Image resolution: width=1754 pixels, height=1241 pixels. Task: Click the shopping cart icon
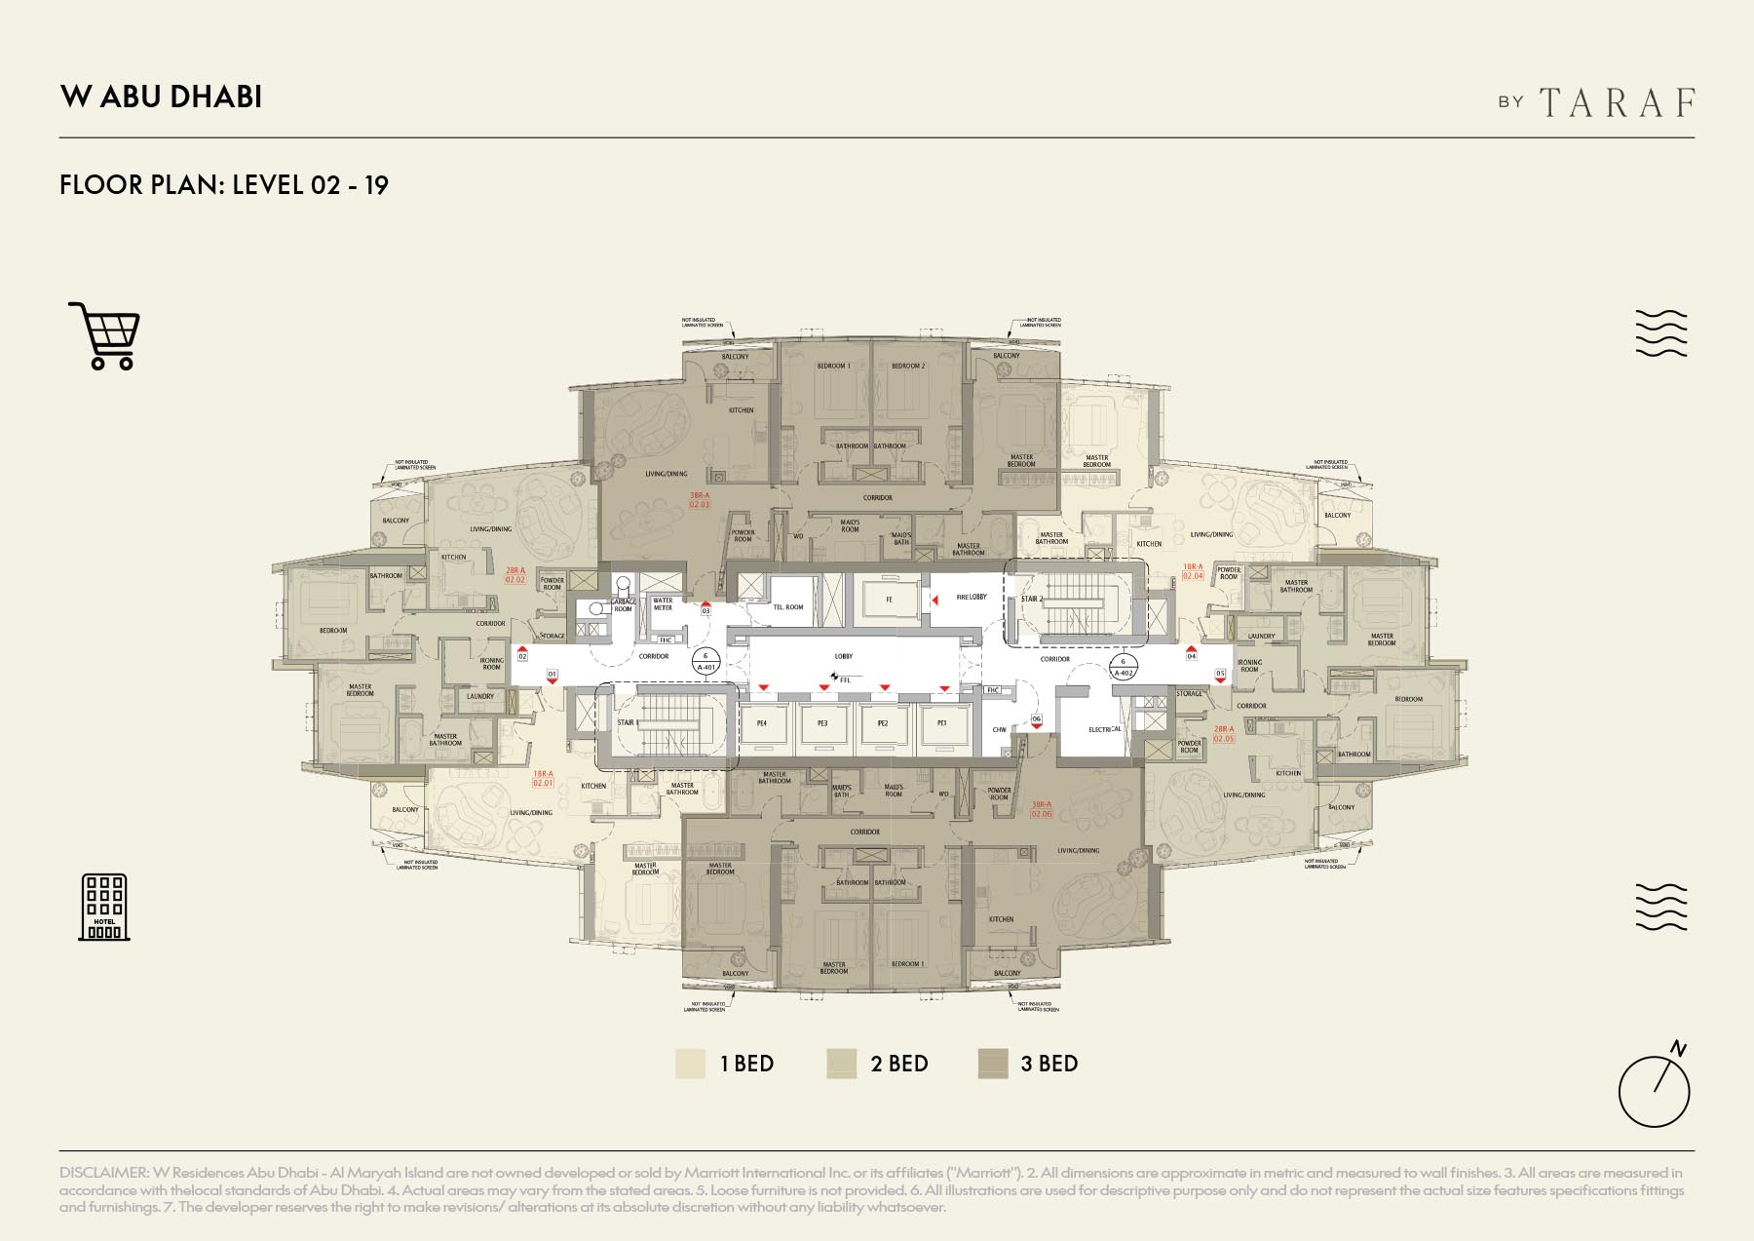pos(105,335)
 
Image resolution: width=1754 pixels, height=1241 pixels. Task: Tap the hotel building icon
pos(104,907)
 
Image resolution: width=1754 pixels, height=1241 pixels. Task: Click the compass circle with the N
pos(1654,1090)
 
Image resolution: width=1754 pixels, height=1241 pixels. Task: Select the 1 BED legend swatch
pos(690,1064)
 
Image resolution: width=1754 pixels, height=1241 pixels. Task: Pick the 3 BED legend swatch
pos(992,1064)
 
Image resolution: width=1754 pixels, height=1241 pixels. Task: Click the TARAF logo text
pos(1617,102)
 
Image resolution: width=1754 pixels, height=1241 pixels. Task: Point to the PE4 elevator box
pos(762,723)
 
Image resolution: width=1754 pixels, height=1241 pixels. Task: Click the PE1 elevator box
pos(941,723)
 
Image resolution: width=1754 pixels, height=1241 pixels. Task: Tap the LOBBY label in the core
pos(844,656)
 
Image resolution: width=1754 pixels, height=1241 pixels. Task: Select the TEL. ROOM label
pos(788,606)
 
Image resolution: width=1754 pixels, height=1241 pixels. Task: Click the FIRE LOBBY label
pos(971,597)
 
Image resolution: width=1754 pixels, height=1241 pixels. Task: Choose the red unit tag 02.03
pos(700,500)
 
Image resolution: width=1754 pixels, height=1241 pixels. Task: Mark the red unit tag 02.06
pos(1041,809)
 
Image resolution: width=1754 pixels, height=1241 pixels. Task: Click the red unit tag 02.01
pos(543,779)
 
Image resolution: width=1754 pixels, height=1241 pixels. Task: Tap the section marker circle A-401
pos(705,662)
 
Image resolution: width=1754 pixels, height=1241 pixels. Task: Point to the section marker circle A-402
pos(1123,667)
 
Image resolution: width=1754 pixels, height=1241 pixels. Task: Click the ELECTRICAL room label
pos(1104,729)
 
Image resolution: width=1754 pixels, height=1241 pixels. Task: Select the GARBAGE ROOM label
pos(623,605)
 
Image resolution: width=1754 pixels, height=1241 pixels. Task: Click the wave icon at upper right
pos(1660,333)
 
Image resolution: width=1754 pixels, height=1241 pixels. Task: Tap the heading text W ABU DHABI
pos(161,97)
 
